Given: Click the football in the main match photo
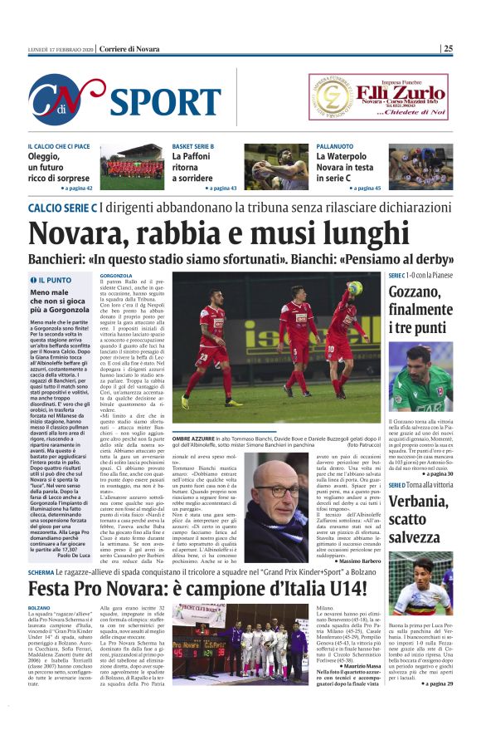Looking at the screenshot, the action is click(x=356, y=287).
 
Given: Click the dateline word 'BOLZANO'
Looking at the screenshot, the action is click(x=39, y=609).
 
